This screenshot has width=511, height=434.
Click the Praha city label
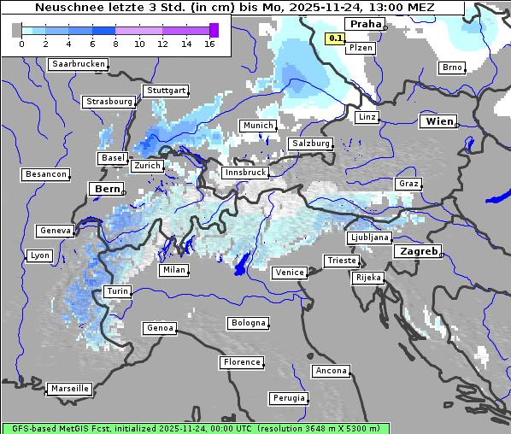tap(365, 24)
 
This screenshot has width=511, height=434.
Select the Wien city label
tap(439, 121)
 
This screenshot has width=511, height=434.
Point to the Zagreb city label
tap(418, 251)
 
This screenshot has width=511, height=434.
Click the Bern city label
tap(107, 188)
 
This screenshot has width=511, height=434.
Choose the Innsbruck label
tap(244, 173)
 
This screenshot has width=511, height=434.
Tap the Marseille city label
tap(69, 389)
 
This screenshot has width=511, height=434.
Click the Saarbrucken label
tap(79, 64)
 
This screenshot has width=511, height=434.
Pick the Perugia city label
tap(288, 398)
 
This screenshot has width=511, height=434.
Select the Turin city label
tap(117, 291)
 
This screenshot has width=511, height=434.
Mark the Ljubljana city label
tap(369, 238)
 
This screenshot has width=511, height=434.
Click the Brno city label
tap(451, 67)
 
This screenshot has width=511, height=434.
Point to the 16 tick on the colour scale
tap(209, 44)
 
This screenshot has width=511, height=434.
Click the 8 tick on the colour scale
tap(115, 44)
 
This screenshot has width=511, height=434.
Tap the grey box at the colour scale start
tap(17, 30)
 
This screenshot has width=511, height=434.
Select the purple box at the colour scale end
tap(214, 30)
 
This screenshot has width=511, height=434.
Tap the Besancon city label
tap(45, 174)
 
